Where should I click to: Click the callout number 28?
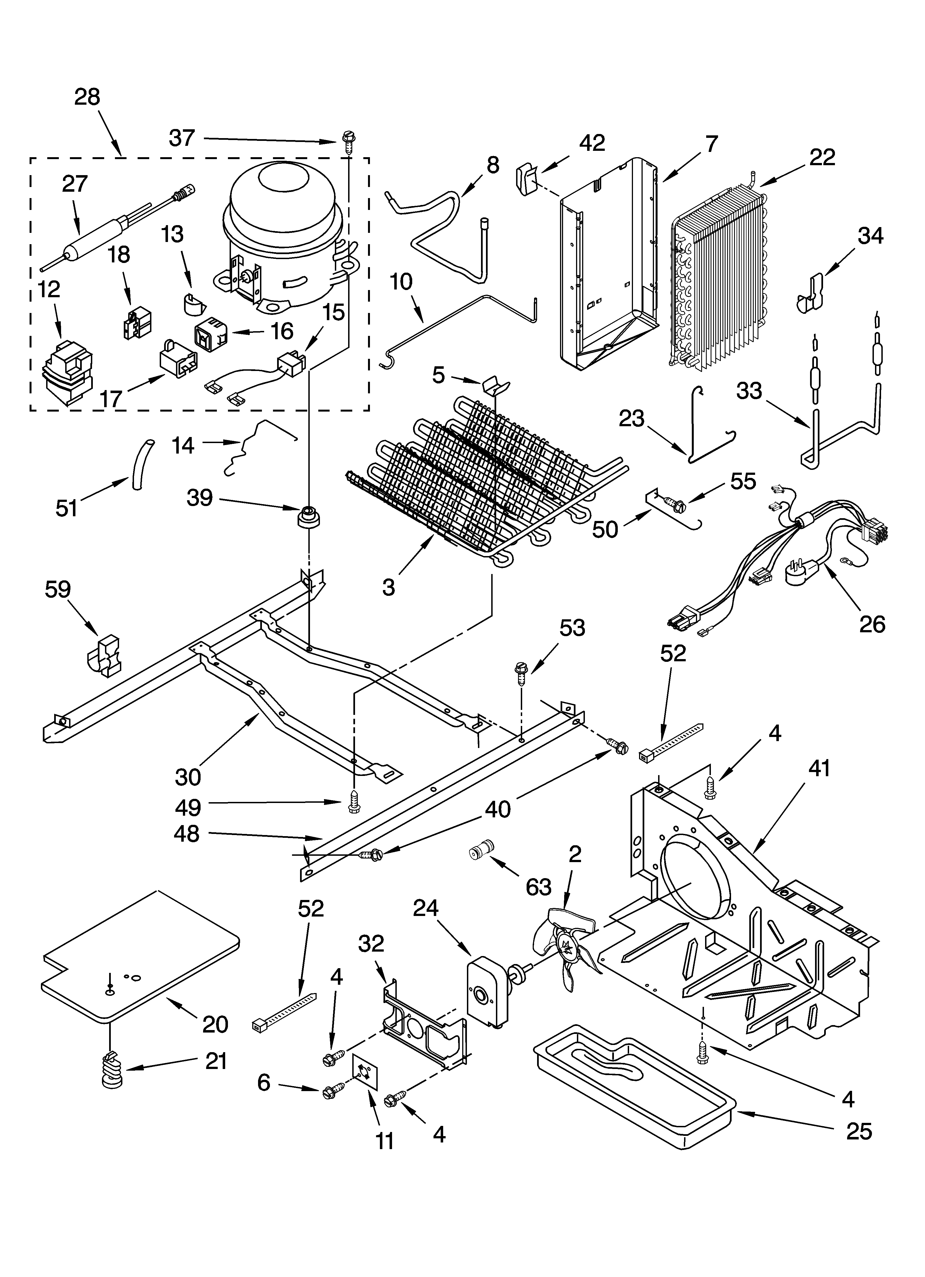coord(87,97)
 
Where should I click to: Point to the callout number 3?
coord(389,587)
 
